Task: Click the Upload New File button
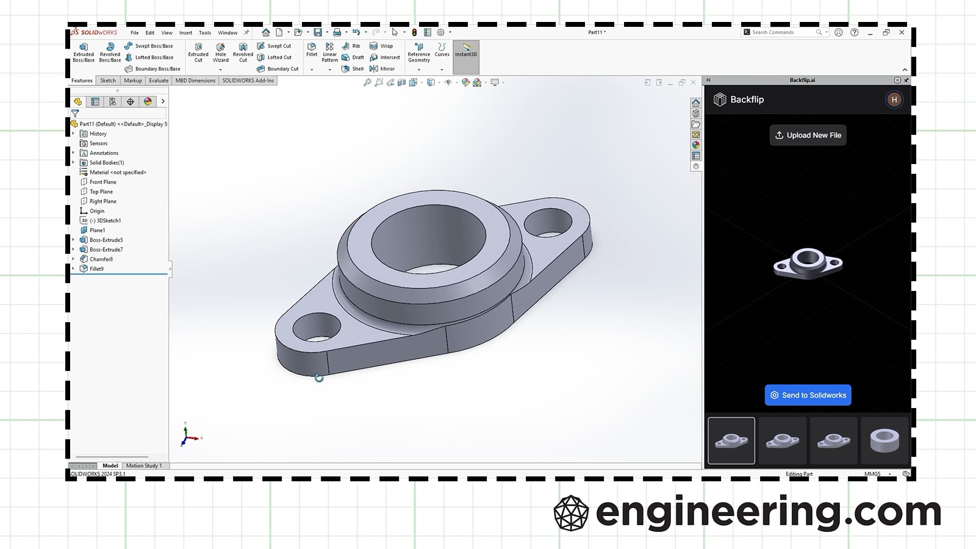click(x=808, y=135)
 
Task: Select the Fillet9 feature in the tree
click(x=96, y=269)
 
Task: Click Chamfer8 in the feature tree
click(x=101, y=259)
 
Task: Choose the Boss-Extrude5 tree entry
click(x=106, y=240)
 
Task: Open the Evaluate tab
click(x=159, y=81)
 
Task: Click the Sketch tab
click(x=108, y=81)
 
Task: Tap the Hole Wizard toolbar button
click(x=221, y=52)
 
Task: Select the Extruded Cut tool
click(x=198, y=52)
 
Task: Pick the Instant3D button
click(x=466, y=51)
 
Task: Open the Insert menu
click(x=185, y=33)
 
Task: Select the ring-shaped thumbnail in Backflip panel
click(x=884, y=440)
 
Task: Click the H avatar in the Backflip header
click(x=894, y=99)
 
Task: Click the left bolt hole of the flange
click(x=317, y=328)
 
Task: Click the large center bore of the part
click(x=428, y=238)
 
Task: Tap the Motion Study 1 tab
click(x=144, y=465)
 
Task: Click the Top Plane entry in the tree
click(x=101, y=192)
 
